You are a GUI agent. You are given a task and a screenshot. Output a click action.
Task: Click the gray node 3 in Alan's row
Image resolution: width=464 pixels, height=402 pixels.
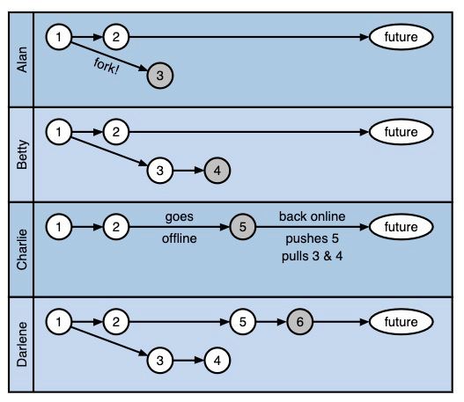[159, 76]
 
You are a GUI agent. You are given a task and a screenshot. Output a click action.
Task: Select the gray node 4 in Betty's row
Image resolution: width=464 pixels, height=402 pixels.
[217, 171]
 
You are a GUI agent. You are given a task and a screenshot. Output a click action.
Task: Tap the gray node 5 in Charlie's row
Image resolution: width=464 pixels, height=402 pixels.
[243, 227]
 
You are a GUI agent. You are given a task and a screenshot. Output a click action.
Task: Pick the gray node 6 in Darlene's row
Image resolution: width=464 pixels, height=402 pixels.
[299, 322]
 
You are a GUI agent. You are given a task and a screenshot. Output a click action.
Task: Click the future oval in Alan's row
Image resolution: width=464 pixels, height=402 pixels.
[401, 37]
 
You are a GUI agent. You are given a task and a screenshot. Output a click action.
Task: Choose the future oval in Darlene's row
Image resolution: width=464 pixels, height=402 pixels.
[401, 322]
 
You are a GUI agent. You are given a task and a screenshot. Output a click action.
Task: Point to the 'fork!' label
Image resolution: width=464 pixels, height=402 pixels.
[107, 67]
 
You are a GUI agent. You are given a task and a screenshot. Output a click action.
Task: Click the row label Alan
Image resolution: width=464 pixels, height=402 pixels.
[22, 60]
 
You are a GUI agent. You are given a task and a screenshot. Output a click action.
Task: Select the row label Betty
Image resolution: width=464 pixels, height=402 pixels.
[22, 154]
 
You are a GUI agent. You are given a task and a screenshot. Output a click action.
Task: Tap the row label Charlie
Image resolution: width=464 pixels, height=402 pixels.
[22, 249]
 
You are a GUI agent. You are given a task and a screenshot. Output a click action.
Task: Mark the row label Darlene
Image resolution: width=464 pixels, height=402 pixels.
[22, 344]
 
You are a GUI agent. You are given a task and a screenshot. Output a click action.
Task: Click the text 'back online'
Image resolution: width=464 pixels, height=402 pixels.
[313, 216]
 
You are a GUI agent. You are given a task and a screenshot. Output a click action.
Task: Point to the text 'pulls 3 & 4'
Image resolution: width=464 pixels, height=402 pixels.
[313, 256]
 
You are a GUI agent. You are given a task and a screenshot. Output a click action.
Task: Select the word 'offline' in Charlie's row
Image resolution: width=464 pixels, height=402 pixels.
[180, 238]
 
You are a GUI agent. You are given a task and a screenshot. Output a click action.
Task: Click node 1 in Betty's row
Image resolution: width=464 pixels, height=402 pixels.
[59, 132]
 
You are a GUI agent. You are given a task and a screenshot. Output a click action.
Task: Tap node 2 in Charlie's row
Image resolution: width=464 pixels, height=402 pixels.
[116, 227]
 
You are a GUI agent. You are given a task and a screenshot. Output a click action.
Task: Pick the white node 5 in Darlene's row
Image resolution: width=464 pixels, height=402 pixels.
[243, 322]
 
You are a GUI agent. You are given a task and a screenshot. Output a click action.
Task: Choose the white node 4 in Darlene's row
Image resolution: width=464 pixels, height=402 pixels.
[217, 361]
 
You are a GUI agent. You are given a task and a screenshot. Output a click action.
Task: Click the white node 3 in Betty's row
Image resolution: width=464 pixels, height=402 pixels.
[159, 171]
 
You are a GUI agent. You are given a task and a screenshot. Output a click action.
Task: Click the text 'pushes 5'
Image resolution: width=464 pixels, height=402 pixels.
[313, 238]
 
